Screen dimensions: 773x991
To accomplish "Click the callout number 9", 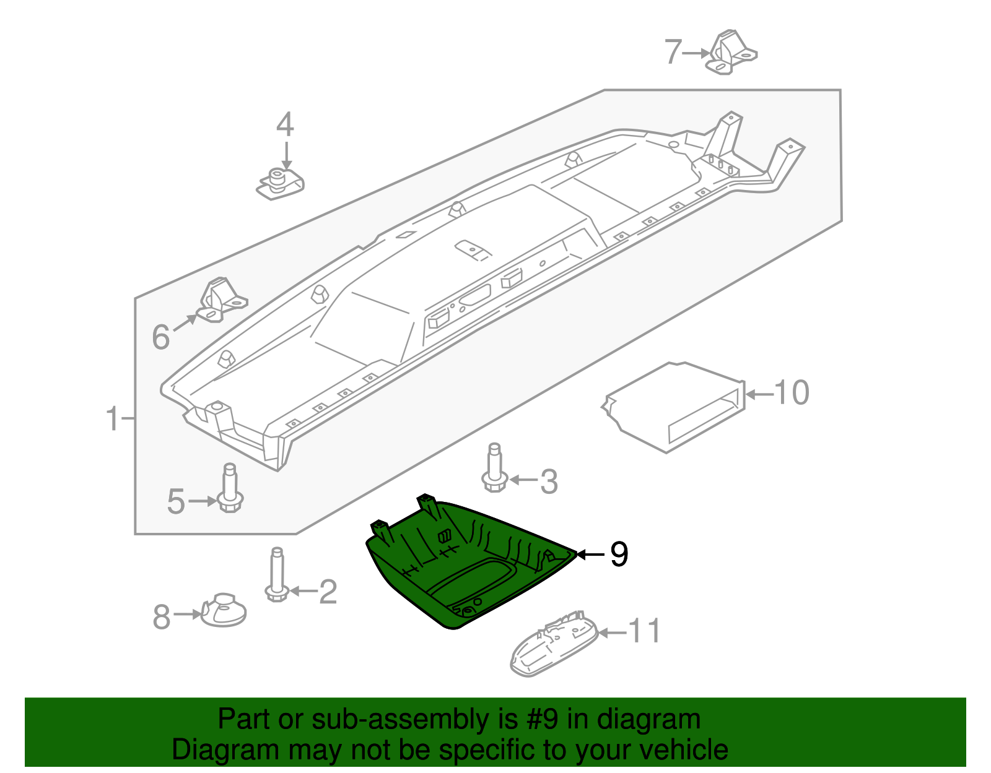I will [x=619, y=554].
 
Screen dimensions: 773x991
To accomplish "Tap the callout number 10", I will [x=791, y=393].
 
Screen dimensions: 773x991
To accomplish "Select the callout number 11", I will [x=645, y=631].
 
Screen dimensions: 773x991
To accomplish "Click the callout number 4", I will [x=285, y=124].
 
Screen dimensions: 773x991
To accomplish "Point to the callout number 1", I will [x=112, y=419].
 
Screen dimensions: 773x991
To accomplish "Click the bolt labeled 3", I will [x=494, y=469].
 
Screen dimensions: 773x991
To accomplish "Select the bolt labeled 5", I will [x=230, y=490].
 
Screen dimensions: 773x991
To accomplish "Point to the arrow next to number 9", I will [x=590, y=554].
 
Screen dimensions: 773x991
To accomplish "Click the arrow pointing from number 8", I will [x=188, y=614].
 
